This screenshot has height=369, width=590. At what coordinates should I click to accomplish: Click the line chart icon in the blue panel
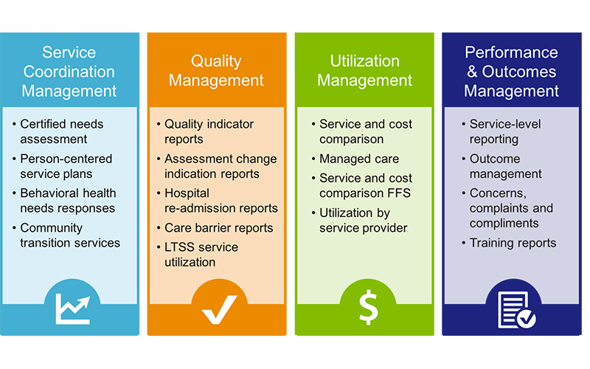click(72, 308)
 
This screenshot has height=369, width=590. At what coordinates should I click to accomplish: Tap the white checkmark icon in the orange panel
click(219, 309)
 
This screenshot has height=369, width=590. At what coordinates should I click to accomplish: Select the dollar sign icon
click(368, 307)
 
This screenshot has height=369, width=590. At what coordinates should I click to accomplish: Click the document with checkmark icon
click(516, 310)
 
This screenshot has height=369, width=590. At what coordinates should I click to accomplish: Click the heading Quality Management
click(216, 70)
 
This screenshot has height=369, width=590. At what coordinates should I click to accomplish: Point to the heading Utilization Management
click(364, 70)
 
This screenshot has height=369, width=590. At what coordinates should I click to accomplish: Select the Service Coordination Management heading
click(69, 72)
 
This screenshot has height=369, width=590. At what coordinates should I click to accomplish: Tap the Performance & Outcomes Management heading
click(511, 72)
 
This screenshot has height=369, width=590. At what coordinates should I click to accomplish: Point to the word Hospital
click(187, 193)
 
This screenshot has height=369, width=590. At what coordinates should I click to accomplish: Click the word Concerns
click(498, 193)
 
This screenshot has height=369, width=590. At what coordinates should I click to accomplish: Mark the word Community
click(51, 228)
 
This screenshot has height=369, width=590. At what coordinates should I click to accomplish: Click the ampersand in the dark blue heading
click(472, 72)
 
